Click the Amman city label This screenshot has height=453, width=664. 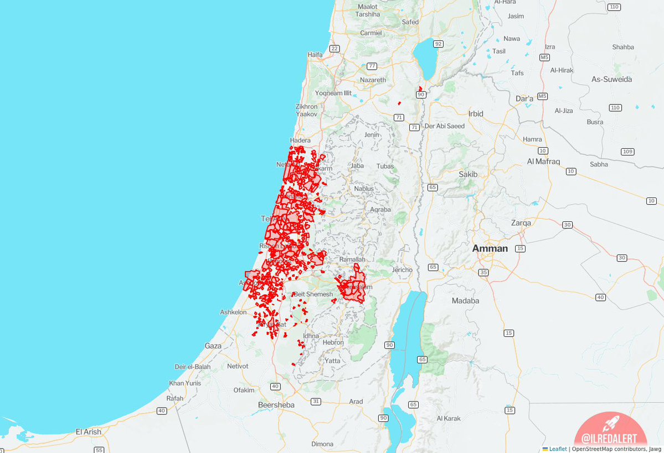[490, 248]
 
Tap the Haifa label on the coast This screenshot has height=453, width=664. [315, 55]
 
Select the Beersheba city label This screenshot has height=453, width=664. [276, 405]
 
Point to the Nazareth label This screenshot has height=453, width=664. [373, 80]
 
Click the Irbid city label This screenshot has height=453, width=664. [476, 114]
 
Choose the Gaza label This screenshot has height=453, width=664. [213, 346]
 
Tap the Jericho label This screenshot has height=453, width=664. [402, 270]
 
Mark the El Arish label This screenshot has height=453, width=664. [89, 431]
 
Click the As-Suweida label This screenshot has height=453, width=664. [611, 79]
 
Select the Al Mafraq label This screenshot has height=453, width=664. [543, 162]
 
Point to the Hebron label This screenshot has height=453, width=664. [333, 342]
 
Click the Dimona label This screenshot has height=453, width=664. [322, 444]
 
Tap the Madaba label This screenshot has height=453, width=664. [465, 301]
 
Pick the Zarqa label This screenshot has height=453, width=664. [521, 223]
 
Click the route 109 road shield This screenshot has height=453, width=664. [627, 152]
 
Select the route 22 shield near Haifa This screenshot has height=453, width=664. [334, 49]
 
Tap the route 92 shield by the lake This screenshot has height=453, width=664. [438, 44]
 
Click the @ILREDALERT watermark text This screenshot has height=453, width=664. [611, 438]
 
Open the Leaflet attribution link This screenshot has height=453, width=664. [558, 449]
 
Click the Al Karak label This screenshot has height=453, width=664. [449, 418]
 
